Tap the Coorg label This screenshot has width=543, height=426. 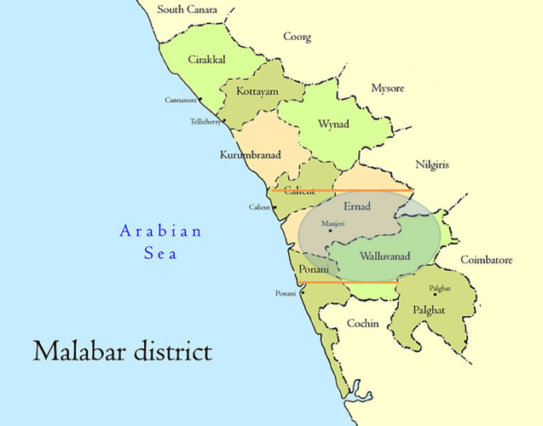click(x=297, y=37)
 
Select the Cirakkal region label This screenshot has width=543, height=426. click(x=206, y=60)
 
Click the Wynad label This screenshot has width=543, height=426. click(x=332, y=124)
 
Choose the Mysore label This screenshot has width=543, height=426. click(x=388, y=89)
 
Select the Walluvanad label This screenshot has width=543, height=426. click(x=385, y=256)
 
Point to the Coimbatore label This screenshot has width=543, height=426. click(x=487, y=259)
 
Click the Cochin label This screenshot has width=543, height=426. click(x=364, y=324)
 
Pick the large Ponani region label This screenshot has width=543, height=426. click(x=313, y=271)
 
